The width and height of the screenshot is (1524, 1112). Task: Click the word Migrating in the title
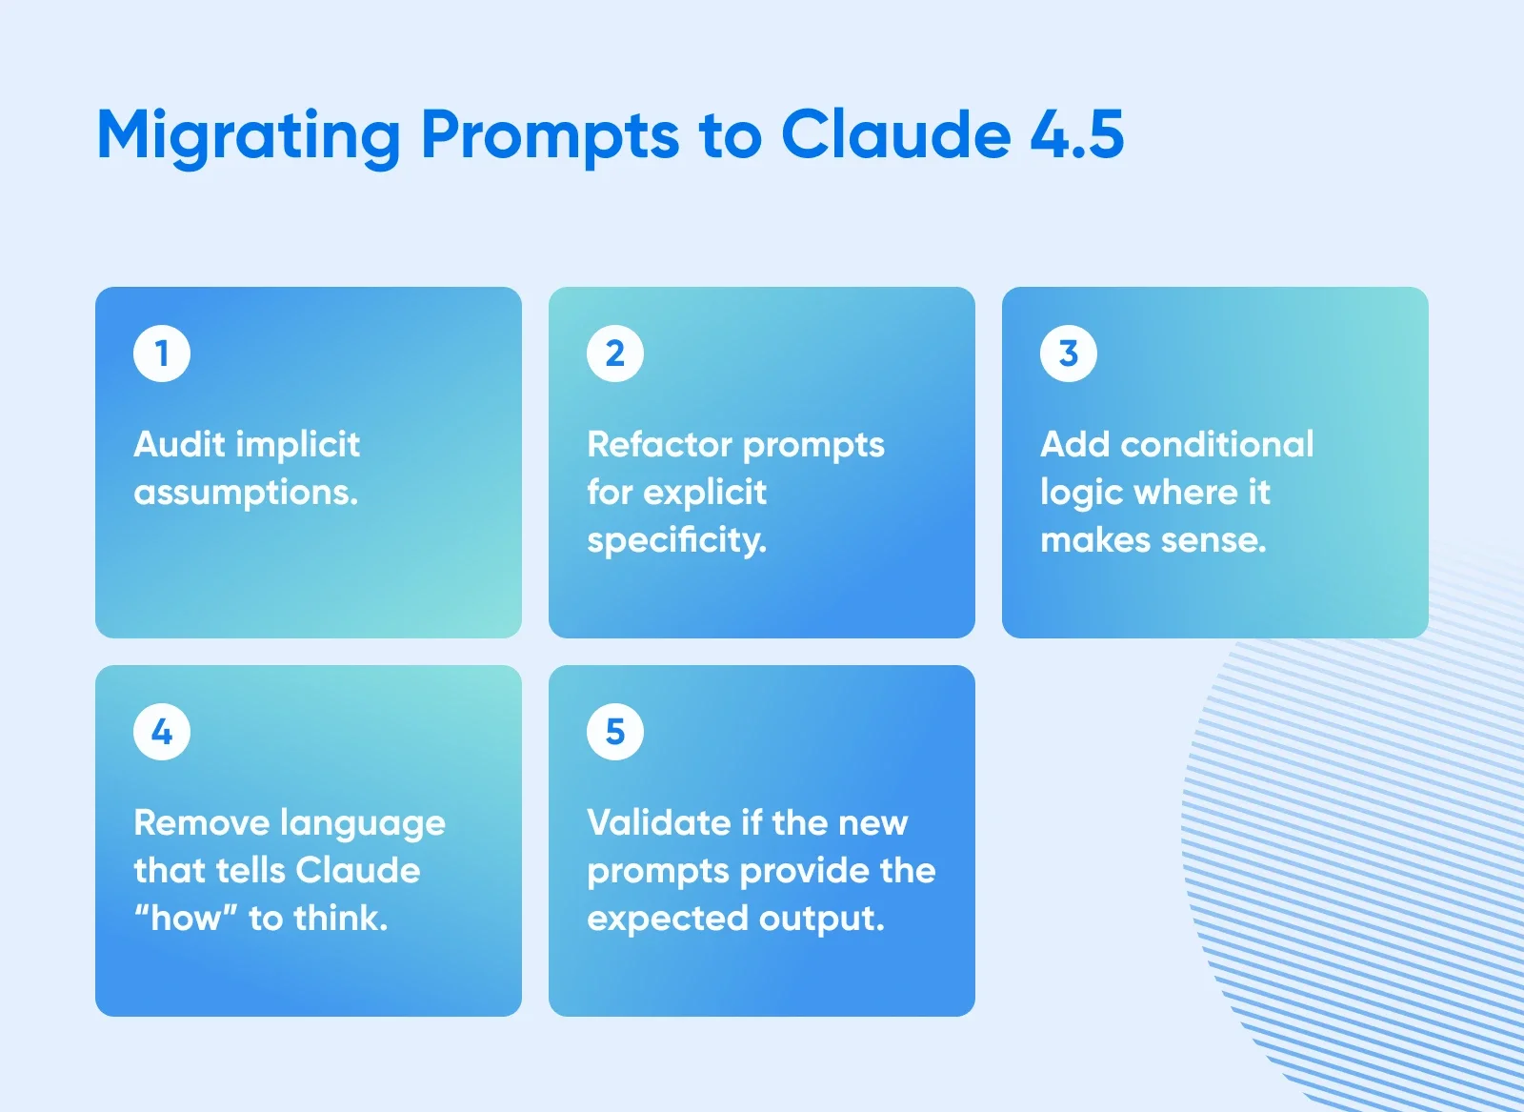tap(249, 135)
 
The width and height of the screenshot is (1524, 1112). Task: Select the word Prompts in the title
tap(550, 135)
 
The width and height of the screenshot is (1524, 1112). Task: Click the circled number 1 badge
tap(162, 354)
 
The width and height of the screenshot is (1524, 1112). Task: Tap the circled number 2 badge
tap(615, 354)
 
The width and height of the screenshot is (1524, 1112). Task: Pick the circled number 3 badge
tap(1069, 354)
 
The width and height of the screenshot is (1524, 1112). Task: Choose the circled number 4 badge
tap(162, 732)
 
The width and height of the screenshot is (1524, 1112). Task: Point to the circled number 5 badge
tap(615, 732)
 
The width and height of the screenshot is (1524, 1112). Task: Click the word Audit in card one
tap(179, 444)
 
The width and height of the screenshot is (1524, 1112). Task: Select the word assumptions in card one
tap(246, 493)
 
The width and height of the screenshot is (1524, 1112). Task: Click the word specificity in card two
tap(676, 540)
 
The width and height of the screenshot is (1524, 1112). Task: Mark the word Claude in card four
tap(357, 870)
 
